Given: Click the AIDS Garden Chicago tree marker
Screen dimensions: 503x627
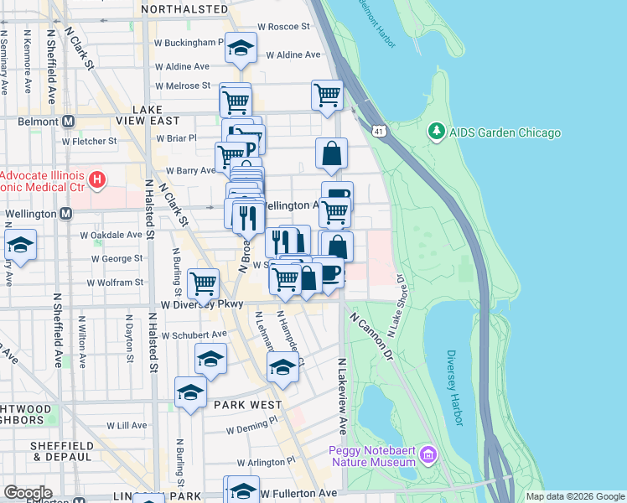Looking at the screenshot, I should [x=436, y=132].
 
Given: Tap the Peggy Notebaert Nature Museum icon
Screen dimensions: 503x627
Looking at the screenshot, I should [x=427, y=455].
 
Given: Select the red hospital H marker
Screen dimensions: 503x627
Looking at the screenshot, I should [x=98, y=179].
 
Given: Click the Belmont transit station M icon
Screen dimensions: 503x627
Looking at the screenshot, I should [x=67, y=121].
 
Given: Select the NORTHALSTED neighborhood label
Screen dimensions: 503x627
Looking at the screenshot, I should [x=184, y=8].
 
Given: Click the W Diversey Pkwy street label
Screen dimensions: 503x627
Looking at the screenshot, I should [x=202, y=305].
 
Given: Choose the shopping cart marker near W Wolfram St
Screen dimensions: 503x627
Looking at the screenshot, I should [x=204, y=284].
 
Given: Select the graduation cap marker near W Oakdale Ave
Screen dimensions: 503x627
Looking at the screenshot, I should [x=20, y=245].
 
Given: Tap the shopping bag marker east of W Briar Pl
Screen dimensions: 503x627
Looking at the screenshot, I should [x=332, y=153].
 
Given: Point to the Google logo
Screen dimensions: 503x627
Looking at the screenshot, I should [x=28, y=493].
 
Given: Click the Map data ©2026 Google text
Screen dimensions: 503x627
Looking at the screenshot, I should [x=575, y=496].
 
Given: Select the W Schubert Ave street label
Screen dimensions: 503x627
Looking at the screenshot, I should [x=194, y=334].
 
